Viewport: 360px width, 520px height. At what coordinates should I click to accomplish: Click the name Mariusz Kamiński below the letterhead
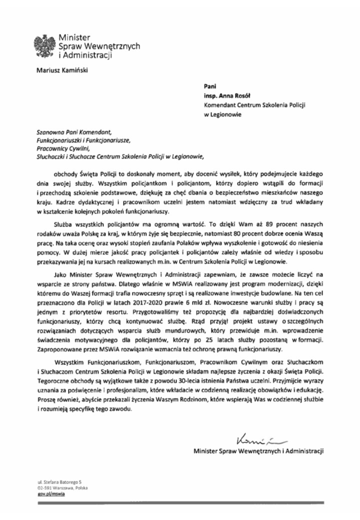pos(61,70)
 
